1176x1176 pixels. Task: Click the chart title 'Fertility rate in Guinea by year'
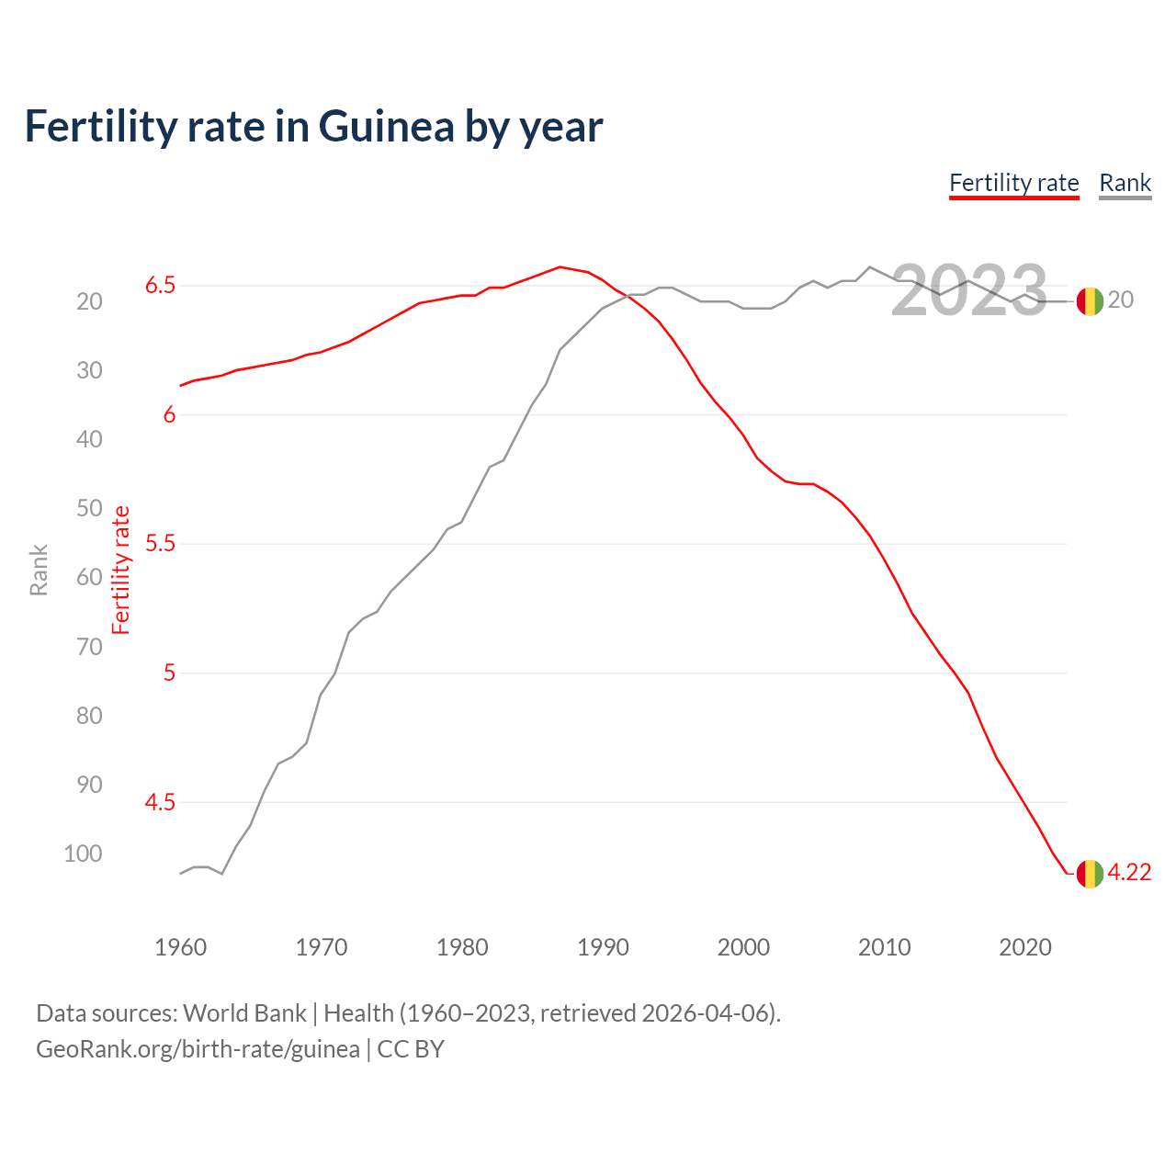313,127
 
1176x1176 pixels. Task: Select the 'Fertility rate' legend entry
1013,184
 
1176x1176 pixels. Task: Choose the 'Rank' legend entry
1125,184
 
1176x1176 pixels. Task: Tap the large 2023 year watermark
969,291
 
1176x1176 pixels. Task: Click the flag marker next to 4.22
1090,873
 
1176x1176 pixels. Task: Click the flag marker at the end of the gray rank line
1090,300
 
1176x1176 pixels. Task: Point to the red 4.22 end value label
1129,873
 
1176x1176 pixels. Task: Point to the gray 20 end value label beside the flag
1121,300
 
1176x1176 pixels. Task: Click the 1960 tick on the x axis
180,947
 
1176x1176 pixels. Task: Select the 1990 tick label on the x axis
603,947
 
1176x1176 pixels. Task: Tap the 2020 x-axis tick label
1024,947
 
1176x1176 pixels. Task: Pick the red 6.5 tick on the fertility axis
160,286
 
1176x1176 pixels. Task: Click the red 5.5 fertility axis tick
160,544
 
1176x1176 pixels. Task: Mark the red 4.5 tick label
160,803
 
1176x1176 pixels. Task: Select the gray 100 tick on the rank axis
83,854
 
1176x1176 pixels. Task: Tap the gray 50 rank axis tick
89,508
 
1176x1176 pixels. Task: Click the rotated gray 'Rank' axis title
39,571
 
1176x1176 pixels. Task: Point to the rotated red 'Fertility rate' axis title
121,571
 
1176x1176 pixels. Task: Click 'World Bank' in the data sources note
244,1013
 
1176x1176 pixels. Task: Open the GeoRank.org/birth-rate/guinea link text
198,1049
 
